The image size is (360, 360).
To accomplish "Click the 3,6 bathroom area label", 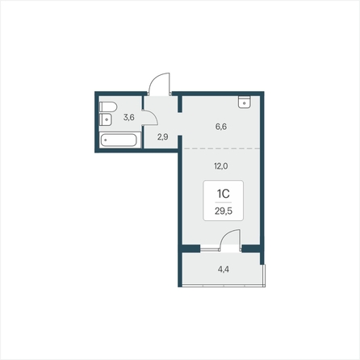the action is [129, 117].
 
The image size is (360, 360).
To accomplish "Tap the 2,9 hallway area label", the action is [163, 137].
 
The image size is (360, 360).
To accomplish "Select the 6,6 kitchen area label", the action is [221, 127].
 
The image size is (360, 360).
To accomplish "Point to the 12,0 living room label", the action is [221, 166].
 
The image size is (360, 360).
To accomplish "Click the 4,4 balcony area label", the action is [224, 269].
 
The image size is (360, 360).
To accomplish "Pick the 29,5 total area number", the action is [224, 211].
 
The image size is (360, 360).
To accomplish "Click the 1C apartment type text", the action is [223, 193].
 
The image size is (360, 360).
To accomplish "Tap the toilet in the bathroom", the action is [108, 107].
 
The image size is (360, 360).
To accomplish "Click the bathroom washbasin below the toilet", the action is [106, 119].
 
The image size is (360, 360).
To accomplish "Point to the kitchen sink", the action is [245, 102].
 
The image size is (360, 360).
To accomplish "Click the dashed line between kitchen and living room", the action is [222, 149].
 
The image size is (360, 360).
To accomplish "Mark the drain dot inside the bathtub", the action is [106, 140].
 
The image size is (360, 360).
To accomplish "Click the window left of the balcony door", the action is [210, 249].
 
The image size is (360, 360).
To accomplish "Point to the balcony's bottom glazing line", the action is [224, 286].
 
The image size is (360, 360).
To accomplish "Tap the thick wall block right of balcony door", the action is [251, 249].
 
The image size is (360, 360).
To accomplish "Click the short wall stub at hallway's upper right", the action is [180, 104].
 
